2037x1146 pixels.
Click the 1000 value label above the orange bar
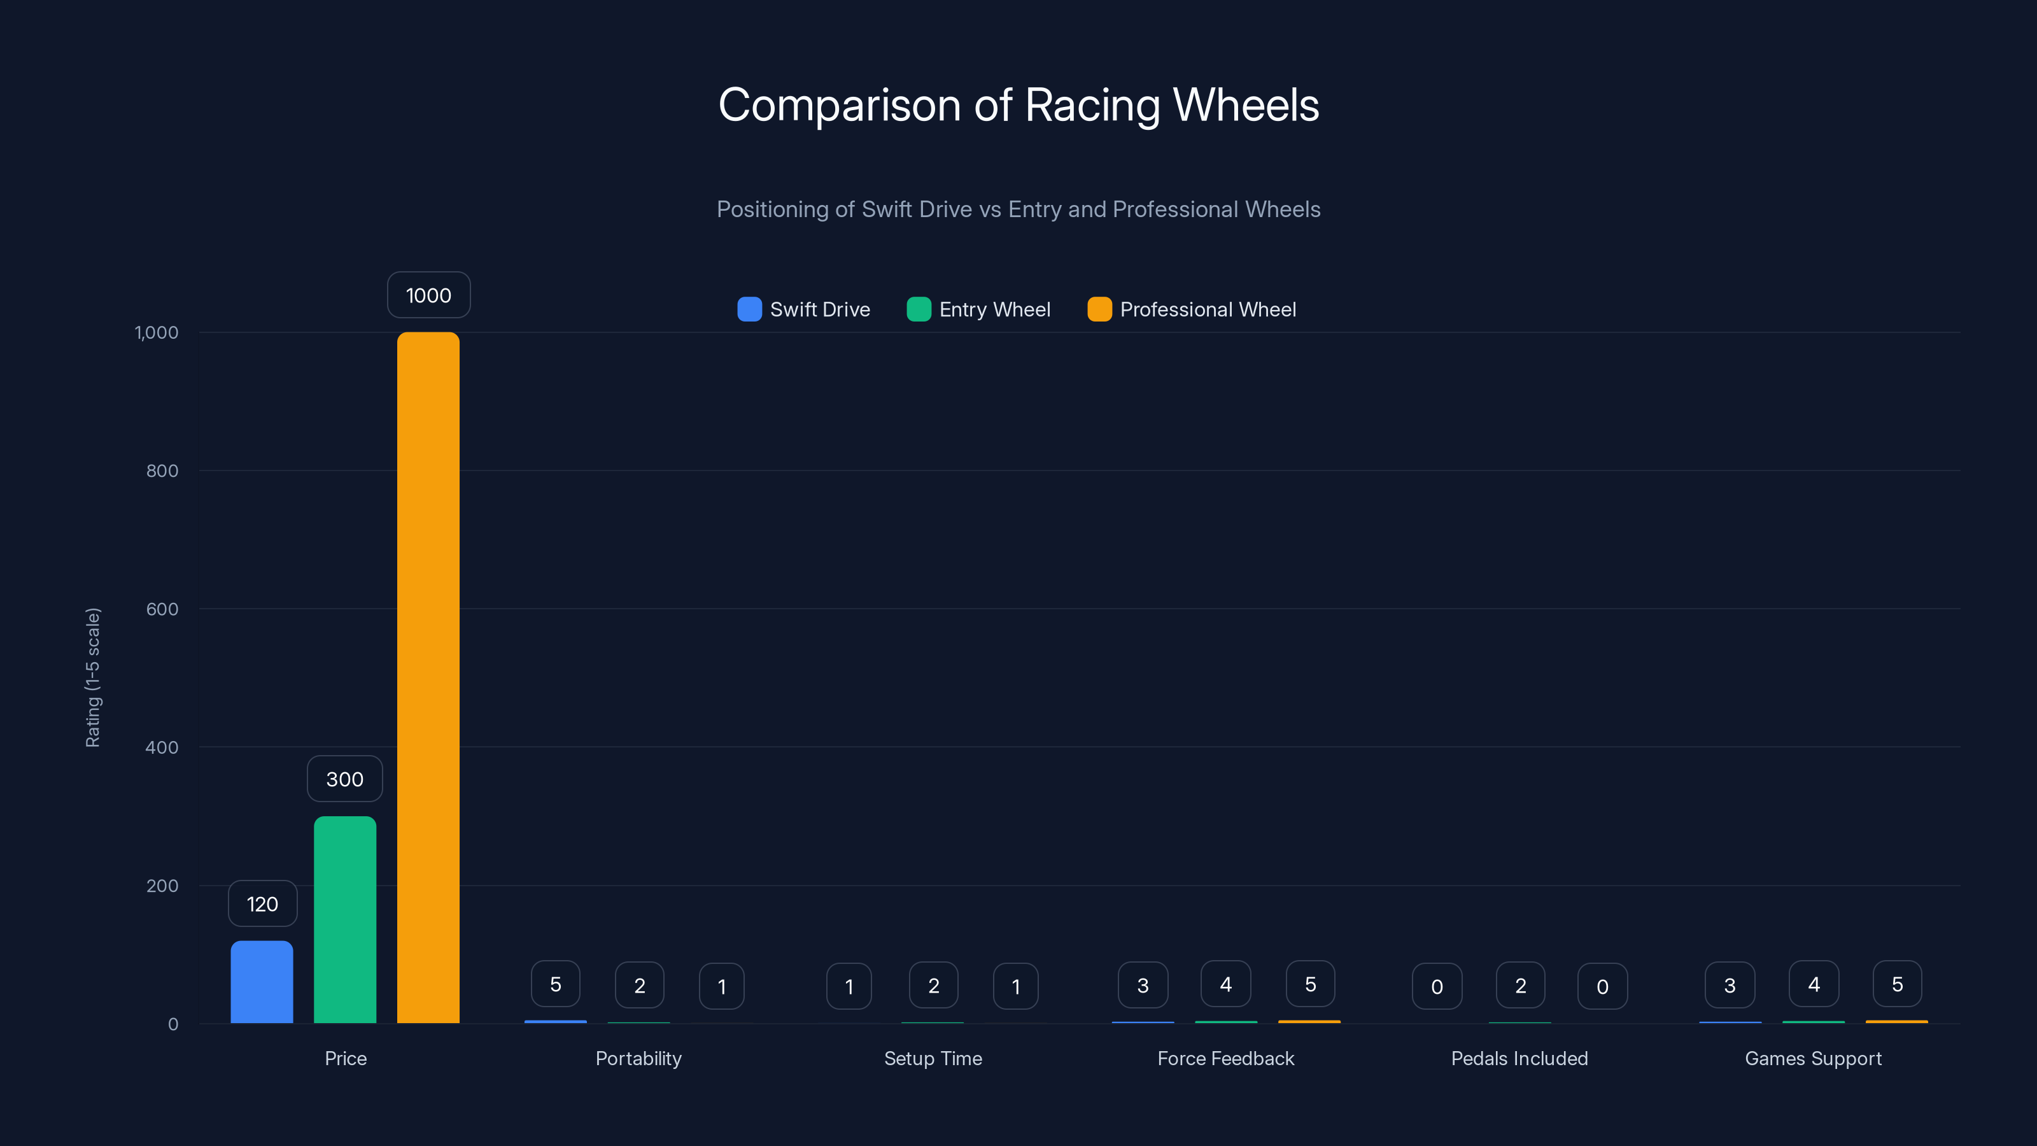pyautogui.click(x=428, y=295)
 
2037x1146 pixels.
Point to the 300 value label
pyautogui.click(x=345, y=779)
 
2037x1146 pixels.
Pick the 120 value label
pyautogui.click(x=262, y=904)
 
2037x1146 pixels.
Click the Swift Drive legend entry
pyautogui.click(x=804, y=309)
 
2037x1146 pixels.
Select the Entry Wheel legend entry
pyautogui.click(x=979, y=309)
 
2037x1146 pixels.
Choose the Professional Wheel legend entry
pyautogui.click(x=1192, y=309)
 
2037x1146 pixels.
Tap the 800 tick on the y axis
pyautogui.click(x=162, y=470)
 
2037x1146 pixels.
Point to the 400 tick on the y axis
pyautogui.click(x=162, y=747)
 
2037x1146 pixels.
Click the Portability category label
pyautogui.click(x=638, y=1058)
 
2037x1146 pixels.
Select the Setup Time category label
pyautogui.click(x=933, y=1058)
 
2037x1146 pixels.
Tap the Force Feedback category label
pyautogui.click(x=1225, y=1058)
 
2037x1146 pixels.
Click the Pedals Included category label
pyautogui.click(x=1519, y=1058)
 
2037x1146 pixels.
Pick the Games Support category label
pyautogui.click(x=1813, y=1058)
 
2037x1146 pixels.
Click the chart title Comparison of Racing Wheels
pyautogui.click(x=1018, y=104)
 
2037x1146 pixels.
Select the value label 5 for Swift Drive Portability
pyautogui.click(x=555, y=984)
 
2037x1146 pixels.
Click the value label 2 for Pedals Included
pyautogui.click(x=1520, y=986)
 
